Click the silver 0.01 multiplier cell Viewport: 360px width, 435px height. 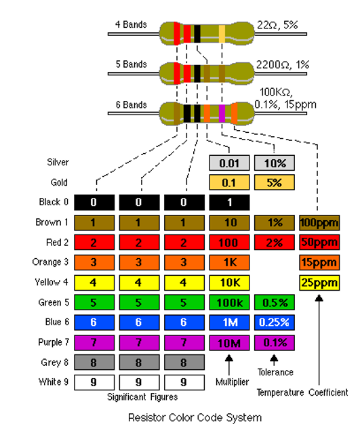[229, 163]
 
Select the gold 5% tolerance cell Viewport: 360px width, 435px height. [275, 182]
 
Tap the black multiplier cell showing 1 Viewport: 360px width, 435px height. [229, 203]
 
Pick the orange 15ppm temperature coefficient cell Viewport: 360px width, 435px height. [319, 262]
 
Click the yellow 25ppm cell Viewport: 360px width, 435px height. [319, 283]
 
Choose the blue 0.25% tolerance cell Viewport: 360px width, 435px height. [275, 323]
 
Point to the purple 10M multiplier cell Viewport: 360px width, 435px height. [229, 343]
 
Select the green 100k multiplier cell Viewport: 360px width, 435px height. [229, 302]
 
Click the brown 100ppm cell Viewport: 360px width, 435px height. [319, 222]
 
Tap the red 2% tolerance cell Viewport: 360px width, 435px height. [275, 243]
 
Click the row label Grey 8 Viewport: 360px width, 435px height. [54, 362]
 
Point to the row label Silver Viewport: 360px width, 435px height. [58, 162]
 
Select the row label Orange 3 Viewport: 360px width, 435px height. [50, 262]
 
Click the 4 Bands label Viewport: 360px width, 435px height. [131, 24]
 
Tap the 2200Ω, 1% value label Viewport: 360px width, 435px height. [283, 64]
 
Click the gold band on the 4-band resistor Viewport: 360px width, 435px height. [222, 34]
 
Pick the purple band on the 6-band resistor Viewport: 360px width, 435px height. [222, 113]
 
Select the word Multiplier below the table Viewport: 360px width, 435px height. [233, 382]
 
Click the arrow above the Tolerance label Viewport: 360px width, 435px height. [274, 360]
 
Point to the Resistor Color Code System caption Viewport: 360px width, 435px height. [195, 417]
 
